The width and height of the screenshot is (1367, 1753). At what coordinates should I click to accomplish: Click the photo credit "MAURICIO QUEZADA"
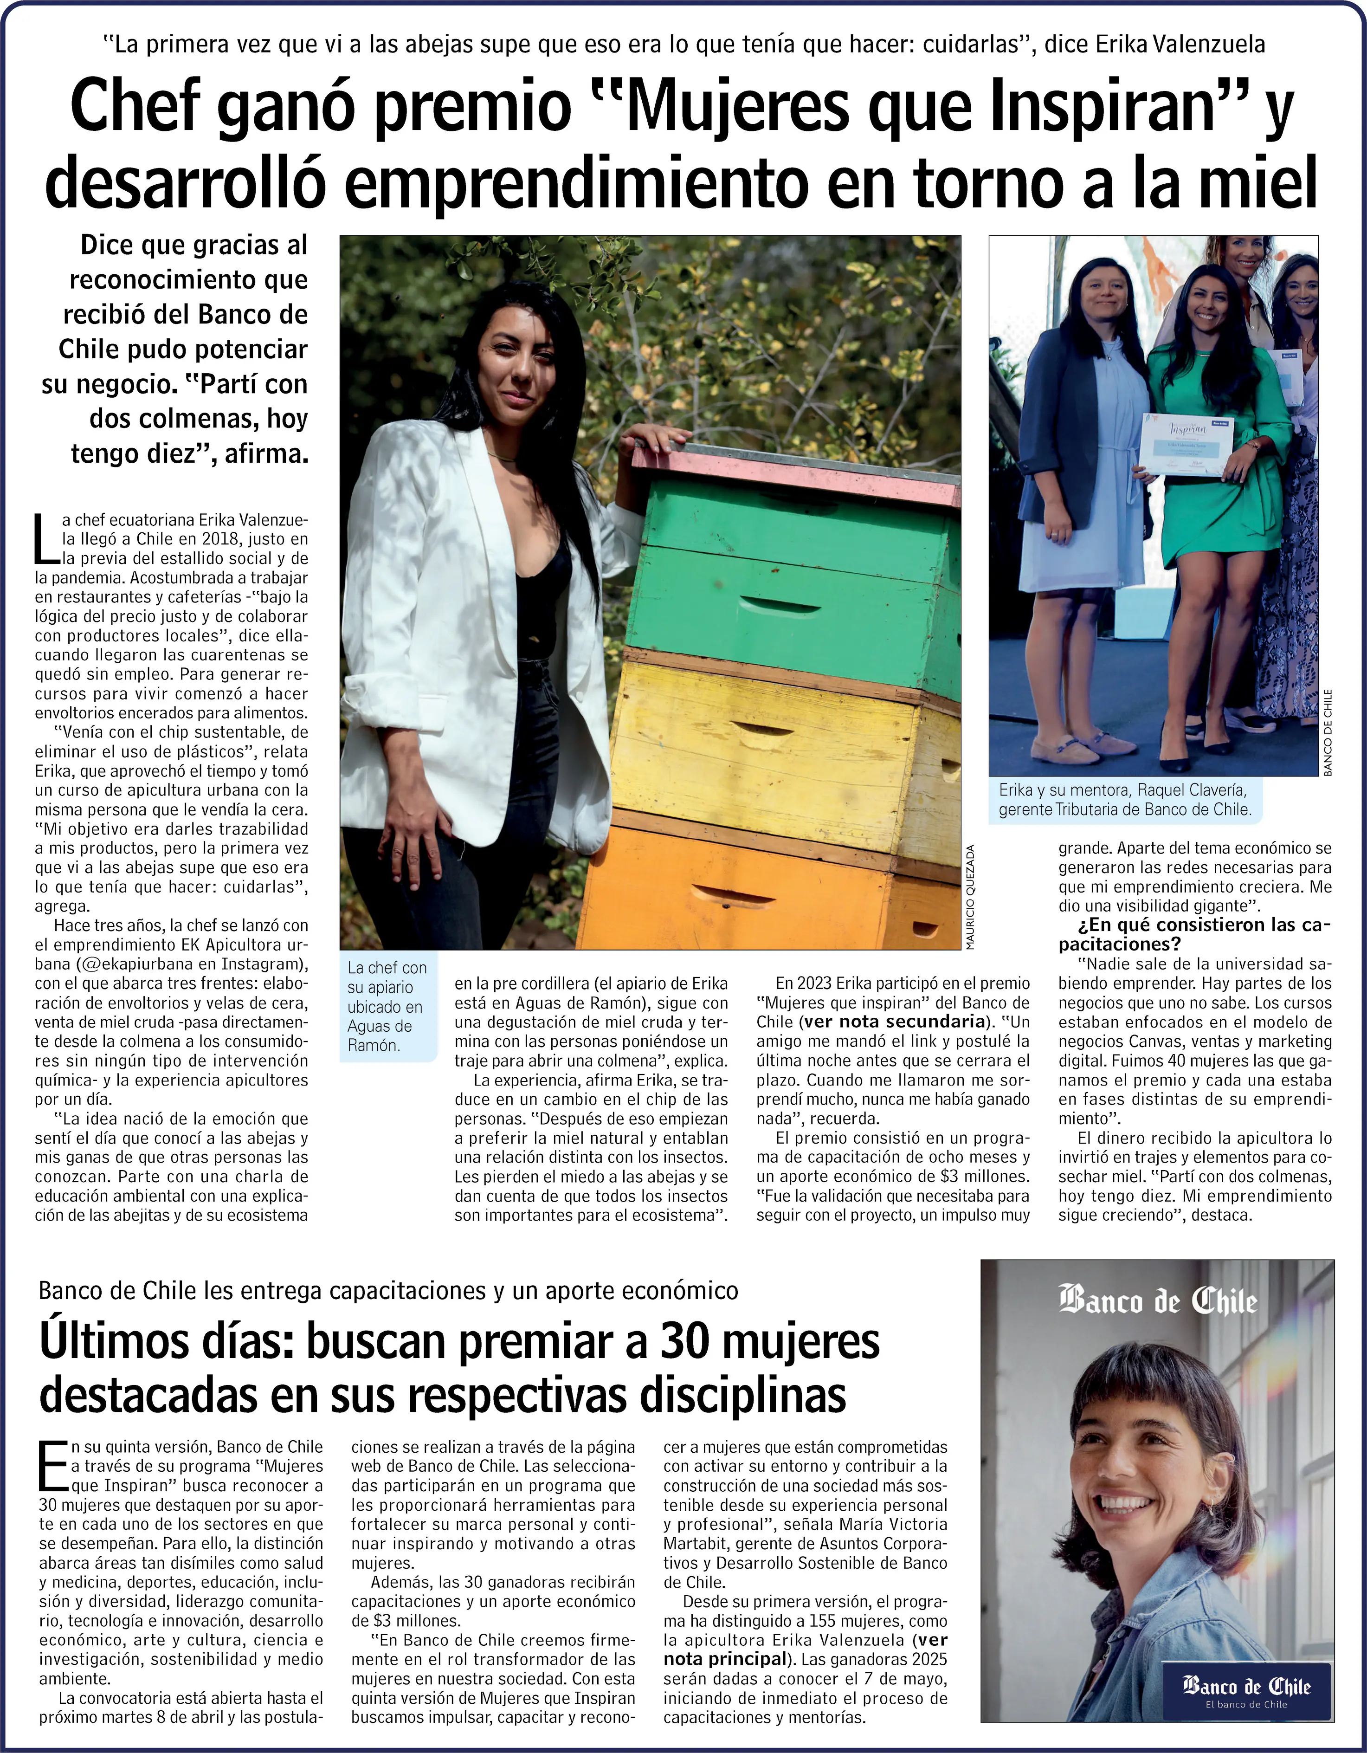click(970, 897)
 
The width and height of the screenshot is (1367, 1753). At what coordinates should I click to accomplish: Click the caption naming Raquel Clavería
click(1124, 799)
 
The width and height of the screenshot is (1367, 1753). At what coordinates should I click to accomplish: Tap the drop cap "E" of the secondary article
click(53, 1465)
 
